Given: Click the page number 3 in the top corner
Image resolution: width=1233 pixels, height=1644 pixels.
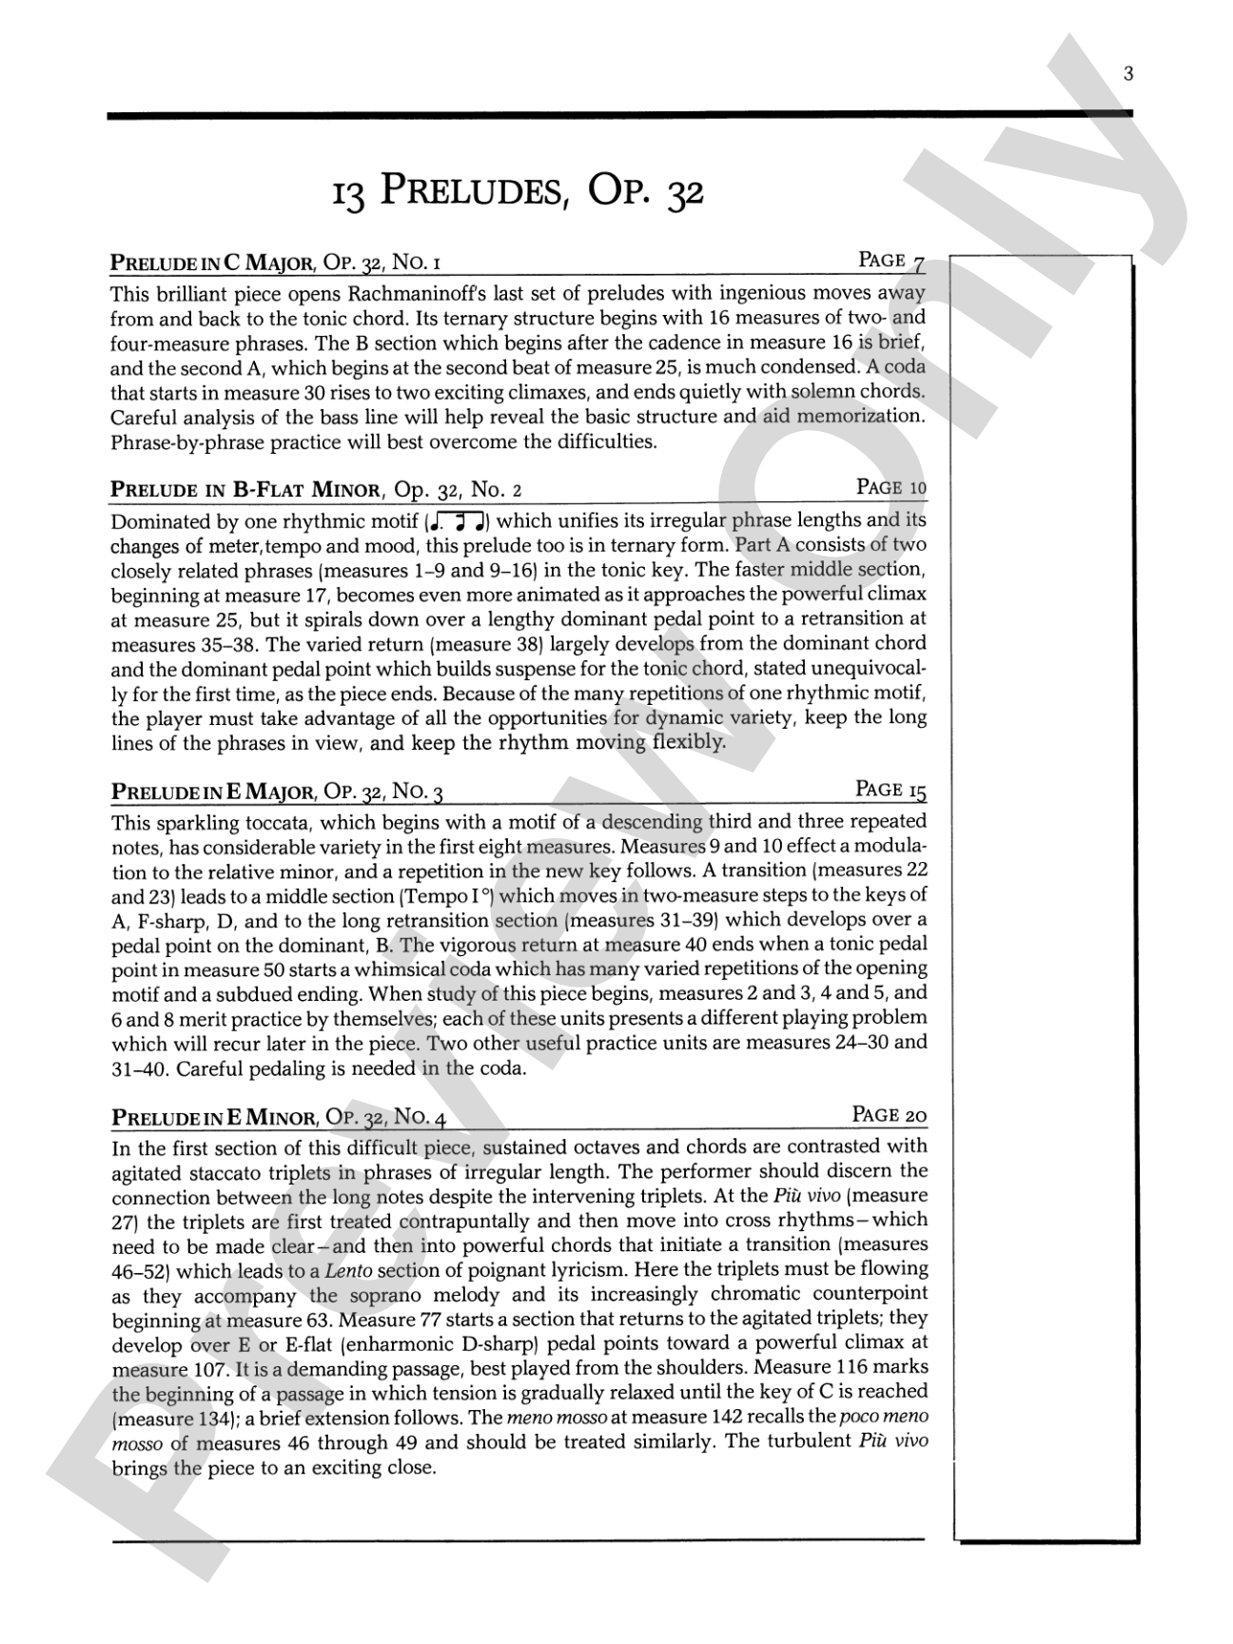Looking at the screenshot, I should (x=1128, y=75).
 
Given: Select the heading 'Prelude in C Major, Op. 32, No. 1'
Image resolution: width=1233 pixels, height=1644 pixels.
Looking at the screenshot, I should (x=275, y=263).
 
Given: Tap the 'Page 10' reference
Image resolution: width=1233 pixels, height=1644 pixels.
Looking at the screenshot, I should (x=891, y=488).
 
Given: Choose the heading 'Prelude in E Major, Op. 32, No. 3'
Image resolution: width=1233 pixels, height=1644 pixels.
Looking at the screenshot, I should (x=277, y=792).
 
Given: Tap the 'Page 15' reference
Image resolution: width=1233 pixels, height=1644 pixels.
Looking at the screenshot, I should (x=890, y=790).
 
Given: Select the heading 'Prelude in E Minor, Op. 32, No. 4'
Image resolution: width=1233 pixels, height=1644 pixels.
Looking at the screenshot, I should (x=278, y=1117).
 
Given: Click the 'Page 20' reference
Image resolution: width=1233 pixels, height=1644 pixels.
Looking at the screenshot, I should (x=890, y=1114).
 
